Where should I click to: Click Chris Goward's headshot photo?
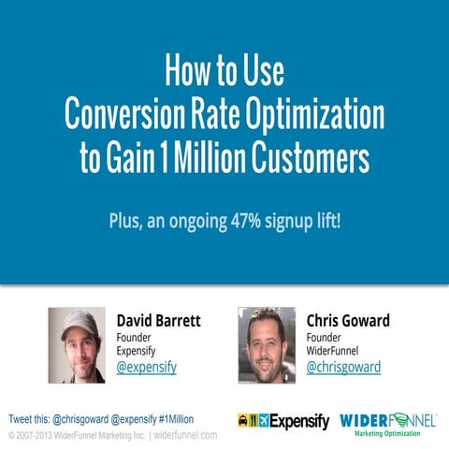pyautogui.click(x=267, y=344)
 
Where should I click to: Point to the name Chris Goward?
pyautogui.click(x=348, y=320)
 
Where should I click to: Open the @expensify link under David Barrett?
pyautogui.click(x=146, y=367)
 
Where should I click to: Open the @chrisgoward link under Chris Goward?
pyautogui.click(x=343, y=367)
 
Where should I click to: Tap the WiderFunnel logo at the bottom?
pyautogui.click(x=387, y=419)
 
